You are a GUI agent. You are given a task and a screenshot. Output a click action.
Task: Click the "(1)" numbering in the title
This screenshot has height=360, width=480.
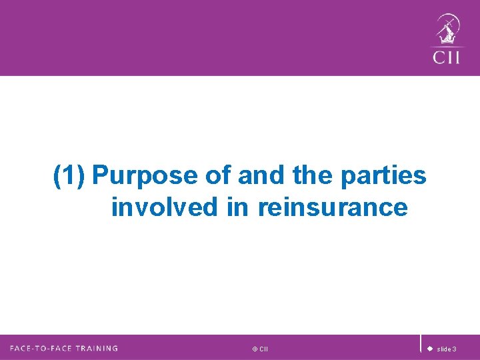(x=70, y=176)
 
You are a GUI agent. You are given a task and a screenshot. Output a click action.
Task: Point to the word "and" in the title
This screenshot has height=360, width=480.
(x=260, y=176)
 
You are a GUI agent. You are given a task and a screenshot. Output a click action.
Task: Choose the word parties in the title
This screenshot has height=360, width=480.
(x=383, y=176)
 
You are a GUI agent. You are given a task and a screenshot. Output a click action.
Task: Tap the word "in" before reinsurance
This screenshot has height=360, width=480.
(x=237, y=207)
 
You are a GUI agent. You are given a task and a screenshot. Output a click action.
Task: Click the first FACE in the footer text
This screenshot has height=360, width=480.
(x=23, y=348)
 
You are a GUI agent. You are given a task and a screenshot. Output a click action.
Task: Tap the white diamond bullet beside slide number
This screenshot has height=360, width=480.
(x=430, y=349)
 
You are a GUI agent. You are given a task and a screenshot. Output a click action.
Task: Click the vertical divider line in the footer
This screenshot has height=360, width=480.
(x=421, y=343)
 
